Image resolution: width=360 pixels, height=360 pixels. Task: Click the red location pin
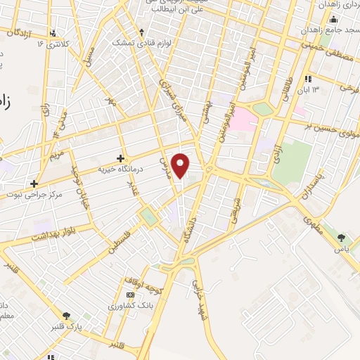pyautogui.click(x=181, y=166)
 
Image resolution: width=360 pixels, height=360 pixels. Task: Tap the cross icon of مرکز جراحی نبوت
pyautogui.click(x=34, y=183)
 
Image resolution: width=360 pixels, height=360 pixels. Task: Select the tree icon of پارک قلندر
pyautogui.click(x=67, y=316)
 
